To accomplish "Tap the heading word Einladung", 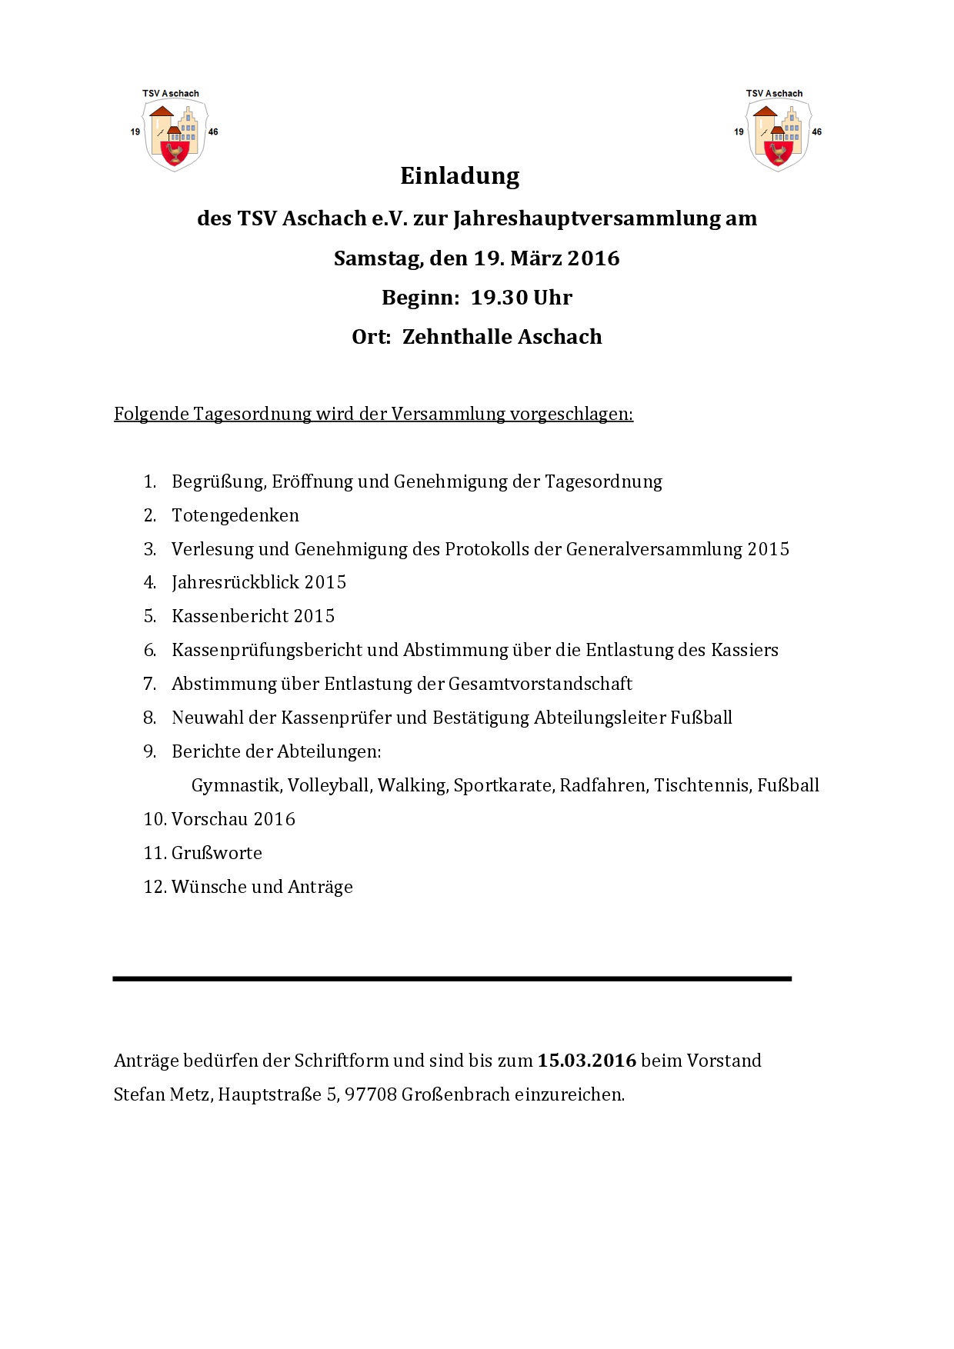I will (460, 176).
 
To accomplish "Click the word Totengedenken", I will (235, 515).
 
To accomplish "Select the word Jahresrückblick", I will (235, 582).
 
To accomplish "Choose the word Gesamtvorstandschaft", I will (540, 684).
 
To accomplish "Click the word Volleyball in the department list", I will (329, 785).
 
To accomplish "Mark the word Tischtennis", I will (701, 785).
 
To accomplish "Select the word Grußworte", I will (217, 853).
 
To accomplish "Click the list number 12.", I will (154, 887).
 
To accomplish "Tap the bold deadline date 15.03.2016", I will (587, 1061).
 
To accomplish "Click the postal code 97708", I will (371, 1094).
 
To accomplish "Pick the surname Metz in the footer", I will (189, 1094).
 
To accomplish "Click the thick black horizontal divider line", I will (452, 979).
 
